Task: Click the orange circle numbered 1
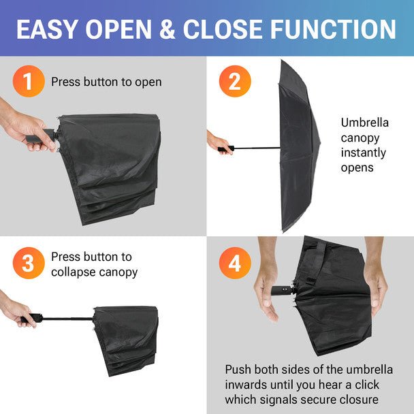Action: [29, 81]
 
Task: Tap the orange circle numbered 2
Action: [235, 81]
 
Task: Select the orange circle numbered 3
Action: [29, 263]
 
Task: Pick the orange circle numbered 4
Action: [235, 263]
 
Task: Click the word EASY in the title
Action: [48, 29]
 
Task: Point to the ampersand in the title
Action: [168, 29]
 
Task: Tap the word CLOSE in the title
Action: [223, 29]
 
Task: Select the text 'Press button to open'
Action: [106, 82]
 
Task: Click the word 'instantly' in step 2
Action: [364, 153]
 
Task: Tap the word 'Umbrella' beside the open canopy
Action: [364, 123]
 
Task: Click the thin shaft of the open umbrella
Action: [257, 148]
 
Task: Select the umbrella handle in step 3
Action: [32, 318]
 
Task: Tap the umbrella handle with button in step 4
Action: [283, 291]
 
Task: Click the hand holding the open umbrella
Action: [220, 142]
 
